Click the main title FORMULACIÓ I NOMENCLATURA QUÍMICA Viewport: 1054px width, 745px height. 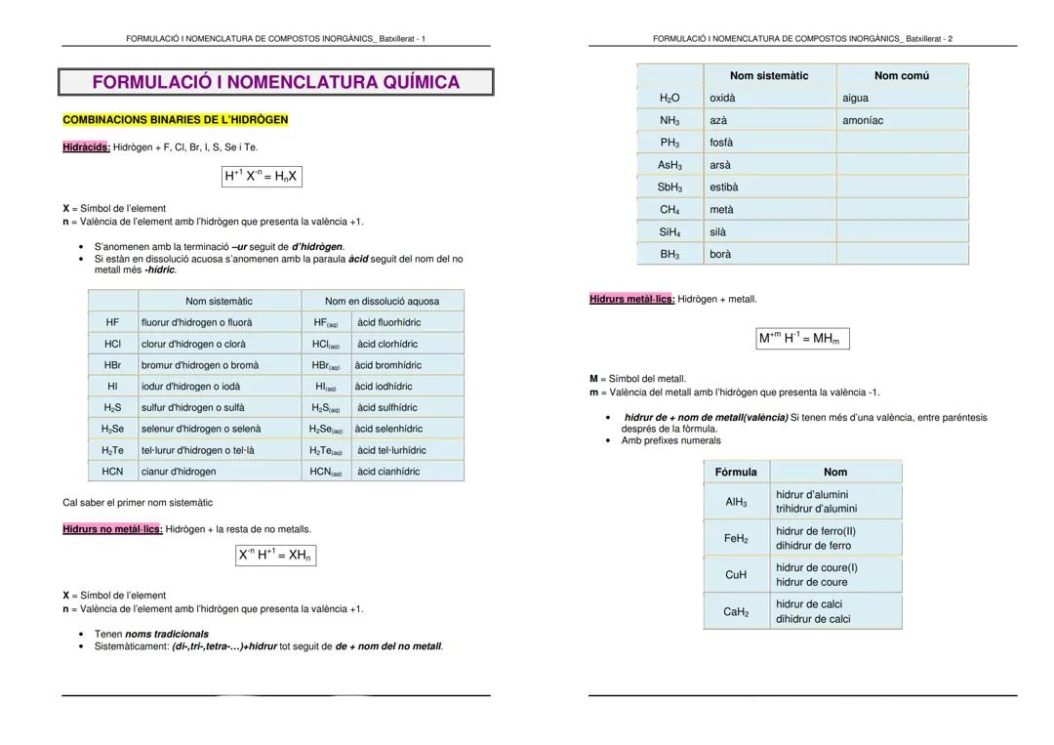[x=275, y=82]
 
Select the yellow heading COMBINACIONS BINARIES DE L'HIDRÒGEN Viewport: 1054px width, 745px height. [x=176, y=119]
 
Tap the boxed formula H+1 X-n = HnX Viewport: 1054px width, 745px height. [x=261, y=176]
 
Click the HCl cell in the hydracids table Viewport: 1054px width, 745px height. [x=112, y=344]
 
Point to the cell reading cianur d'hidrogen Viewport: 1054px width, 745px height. [x=179, y=471]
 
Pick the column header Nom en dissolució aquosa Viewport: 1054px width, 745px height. [x=382, y=301]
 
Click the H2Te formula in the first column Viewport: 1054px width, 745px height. [x=112, y=450]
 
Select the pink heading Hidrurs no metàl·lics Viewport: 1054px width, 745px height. [x=112, y=529]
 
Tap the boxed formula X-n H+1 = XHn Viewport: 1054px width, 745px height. [x=274, y=555]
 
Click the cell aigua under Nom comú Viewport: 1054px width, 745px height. [x=855, y=98]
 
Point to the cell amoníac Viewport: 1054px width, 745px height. [x=863, y=120]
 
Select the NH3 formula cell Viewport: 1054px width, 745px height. [x=669, y=120]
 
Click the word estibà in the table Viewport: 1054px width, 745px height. [x=724, y=186]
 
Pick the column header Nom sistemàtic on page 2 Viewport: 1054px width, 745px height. [x=769, y=75]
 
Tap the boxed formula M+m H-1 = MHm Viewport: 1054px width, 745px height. [x=802, y=338]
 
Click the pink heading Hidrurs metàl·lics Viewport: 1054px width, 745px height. [x=631, y=299]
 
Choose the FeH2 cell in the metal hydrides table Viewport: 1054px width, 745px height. [x=736, y=538]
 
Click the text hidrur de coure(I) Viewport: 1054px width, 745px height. [x=817, y=567]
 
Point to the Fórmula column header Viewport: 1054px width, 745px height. [x=736, y=472]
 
